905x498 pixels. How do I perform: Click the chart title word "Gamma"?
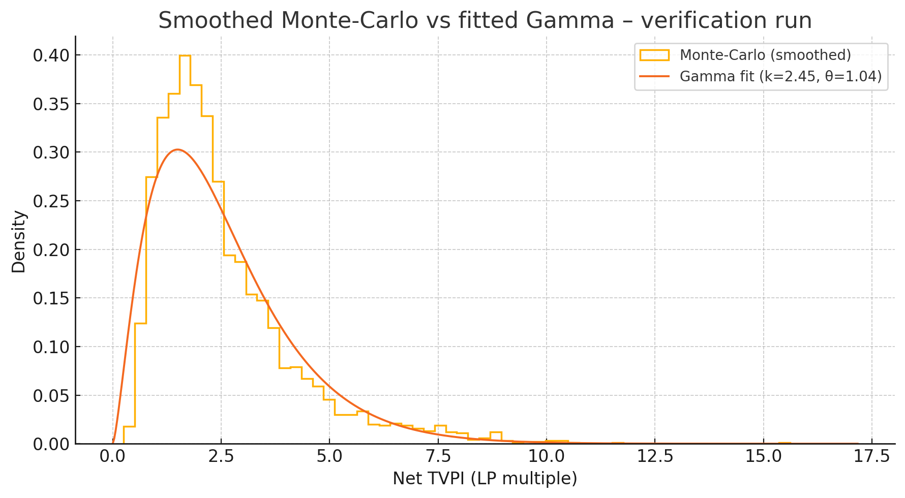pos(570,21)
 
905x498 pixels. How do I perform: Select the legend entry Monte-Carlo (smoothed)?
pos(765,55)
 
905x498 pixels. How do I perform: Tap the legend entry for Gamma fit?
pos(780,76)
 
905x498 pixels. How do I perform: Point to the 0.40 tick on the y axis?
pos(51,55)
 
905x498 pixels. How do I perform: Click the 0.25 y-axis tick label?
pos(51,201)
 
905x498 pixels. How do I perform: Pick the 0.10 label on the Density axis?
pos(51,347)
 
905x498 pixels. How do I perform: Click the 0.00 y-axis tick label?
pos(51,444)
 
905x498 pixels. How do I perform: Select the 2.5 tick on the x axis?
pos(221,456)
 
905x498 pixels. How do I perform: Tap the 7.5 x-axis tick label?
pos(438,456)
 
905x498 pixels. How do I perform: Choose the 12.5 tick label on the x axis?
pos(655,456)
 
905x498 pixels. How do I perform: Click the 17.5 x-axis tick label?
pos(872,456)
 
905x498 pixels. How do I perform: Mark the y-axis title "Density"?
pos(19,242)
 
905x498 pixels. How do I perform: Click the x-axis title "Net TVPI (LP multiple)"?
pos(485,479)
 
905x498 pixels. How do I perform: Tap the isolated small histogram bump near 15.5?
pos(785,443)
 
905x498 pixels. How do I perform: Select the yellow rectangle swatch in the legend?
pos(654,55)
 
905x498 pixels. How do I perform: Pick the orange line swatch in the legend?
pos(654,76)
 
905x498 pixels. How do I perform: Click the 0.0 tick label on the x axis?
pos(113,456)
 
